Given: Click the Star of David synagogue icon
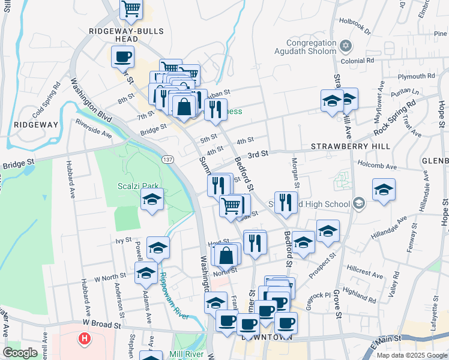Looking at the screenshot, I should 345,46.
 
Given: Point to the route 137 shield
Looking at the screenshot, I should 167,158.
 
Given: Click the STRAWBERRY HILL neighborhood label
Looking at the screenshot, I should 351,146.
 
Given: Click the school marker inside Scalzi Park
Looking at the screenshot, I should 152,200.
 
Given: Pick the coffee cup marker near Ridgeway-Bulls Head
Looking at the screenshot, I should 123,58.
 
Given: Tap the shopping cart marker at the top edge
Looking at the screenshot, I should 131,9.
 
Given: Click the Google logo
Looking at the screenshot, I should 20,352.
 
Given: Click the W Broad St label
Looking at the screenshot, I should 102,323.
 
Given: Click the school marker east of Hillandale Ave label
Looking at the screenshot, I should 384,190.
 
